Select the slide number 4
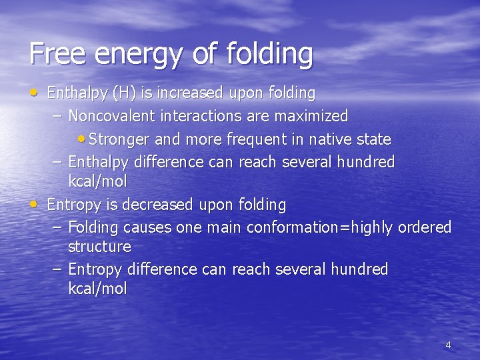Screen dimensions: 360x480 click(448, 345)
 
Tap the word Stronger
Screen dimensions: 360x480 click(119, 139)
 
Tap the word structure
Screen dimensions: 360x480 click(99, 247)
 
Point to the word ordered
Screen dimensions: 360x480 click(425, 227)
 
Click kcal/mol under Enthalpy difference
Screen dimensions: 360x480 click(97, 181)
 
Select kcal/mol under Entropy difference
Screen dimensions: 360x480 click(97, 289)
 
